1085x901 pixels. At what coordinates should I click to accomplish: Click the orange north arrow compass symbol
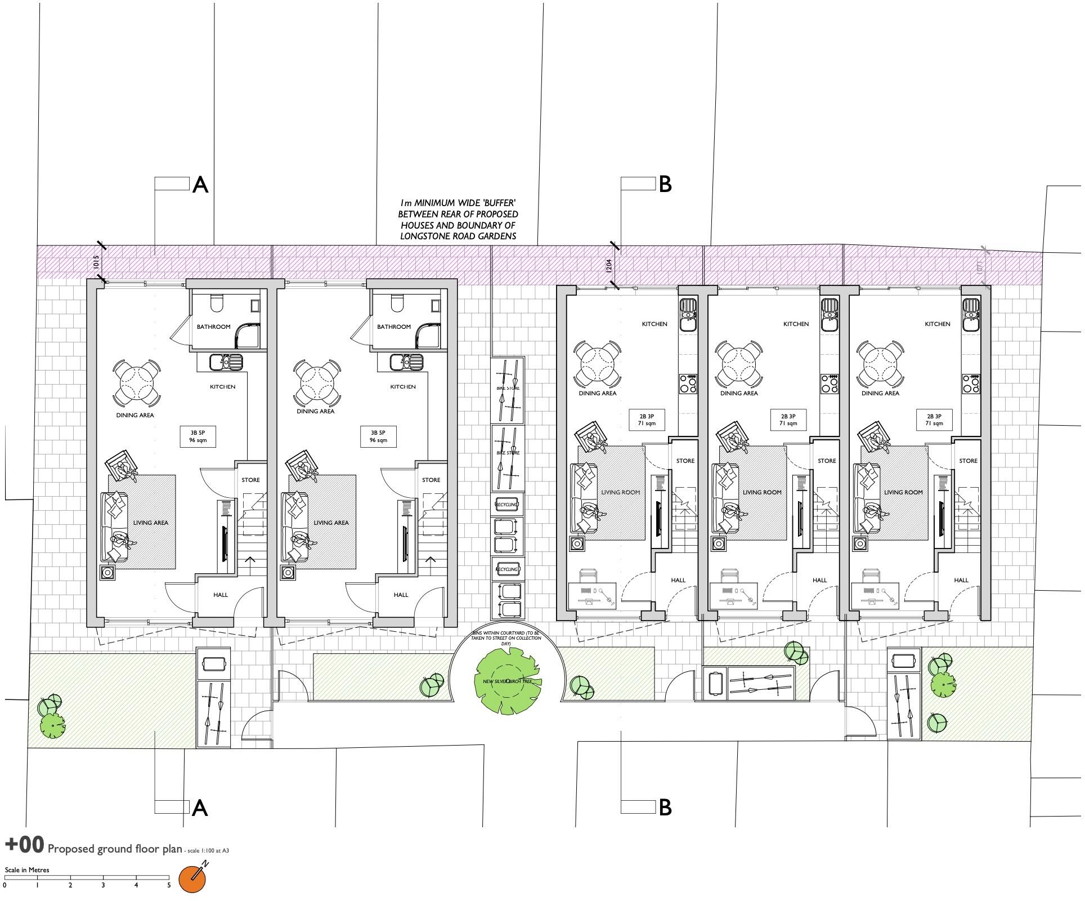(x=192, y=879)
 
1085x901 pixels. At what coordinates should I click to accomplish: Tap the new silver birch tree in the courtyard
(x=508, y=681)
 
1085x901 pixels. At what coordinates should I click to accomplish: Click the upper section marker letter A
(x=200, y=185)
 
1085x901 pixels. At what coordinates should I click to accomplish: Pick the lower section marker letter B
(x=665, y=808)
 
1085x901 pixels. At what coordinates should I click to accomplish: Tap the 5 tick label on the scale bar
(x=169, y=885)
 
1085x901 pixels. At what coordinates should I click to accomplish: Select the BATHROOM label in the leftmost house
(x=213, y=327)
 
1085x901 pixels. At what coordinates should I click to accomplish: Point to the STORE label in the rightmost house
(x=968, y=461)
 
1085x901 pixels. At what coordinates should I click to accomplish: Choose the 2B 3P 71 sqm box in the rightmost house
(x=934, y=420)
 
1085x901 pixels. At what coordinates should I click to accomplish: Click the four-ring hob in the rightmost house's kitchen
(x=970, y=383)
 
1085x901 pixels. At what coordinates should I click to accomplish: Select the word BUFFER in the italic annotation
(x=496, y=203)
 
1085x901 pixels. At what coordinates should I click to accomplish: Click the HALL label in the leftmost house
(x=221, y=595)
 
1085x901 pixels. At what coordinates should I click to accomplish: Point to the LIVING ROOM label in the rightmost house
(x=903, y=492)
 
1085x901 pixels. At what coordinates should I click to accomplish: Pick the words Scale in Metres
(x=27, y=870)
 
